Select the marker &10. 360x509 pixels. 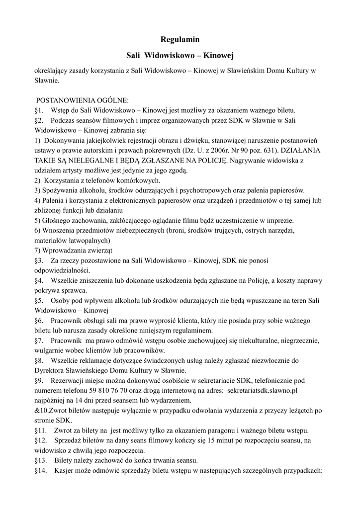point(41,411)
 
